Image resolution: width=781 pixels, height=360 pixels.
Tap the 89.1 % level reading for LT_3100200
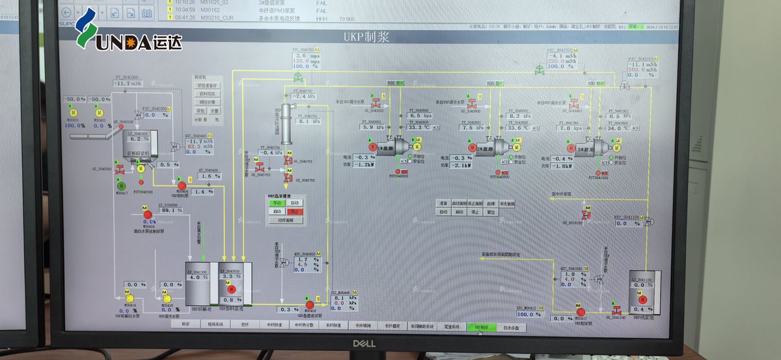171,210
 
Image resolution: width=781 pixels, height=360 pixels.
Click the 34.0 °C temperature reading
618,128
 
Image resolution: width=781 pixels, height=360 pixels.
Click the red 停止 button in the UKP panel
295,212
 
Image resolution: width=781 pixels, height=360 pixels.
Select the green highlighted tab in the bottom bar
480,327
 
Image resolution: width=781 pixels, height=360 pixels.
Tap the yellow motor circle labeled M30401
74,113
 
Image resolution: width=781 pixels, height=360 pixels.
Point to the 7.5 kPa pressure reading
467,128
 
